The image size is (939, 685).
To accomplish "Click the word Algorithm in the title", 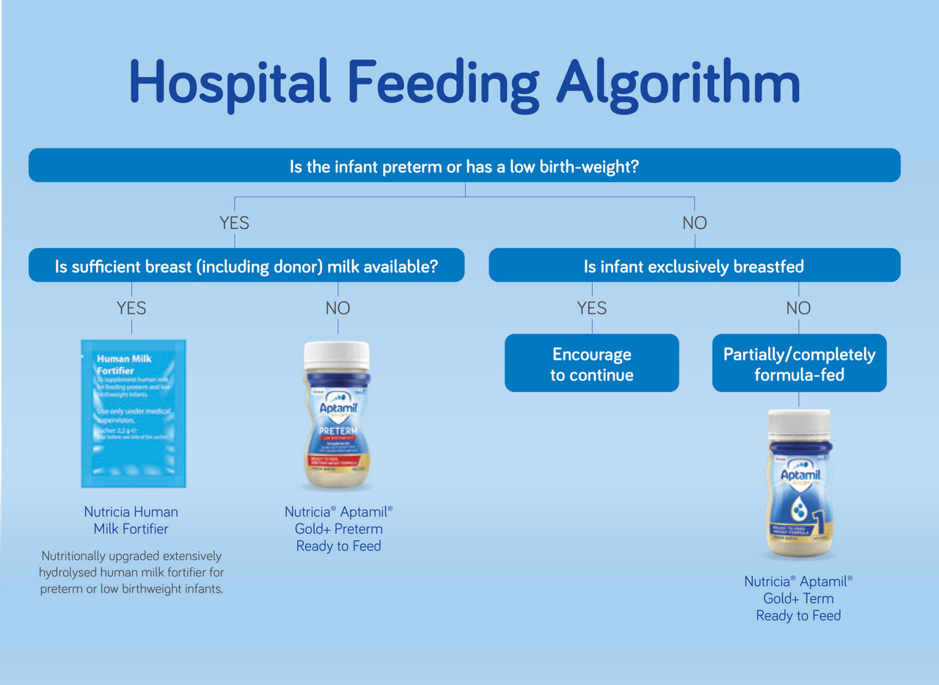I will pos(678,82).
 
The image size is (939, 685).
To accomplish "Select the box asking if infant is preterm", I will pos(464,166).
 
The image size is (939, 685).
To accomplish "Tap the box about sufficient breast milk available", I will pos(246,266).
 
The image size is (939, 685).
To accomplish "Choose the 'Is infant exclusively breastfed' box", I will pos(694,266).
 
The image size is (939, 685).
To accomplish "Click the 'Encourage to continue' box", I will pos(591,364).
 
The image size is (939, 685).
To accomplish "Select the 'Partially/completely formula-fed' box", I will pos(799,364).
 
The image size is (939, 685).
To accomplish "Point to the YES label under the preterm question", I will pos(234,222).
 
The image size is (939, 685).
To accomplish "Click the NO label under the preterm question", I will pos(694,222).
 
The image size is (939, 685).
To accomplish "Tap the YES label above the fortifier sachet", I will pos(131,308).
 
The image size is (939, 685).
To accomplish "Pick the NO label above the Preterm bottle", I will pos(337,308).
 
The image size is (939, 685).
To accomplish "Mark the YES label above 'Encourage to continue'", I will pos(591,308).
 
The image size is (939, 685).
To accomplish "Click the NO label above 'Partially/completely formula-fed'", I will pos(798,308).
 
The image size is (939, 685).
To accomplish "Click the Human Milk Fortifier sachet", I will pos(133,413).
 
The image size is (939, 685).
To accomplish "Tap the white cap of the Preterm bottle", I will pos(337,355).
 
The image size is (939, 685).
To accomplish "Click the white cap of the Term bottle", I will pos(799,424).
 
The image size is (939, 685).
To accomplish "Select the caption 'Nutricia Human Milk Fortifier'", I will pos(131,521).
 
